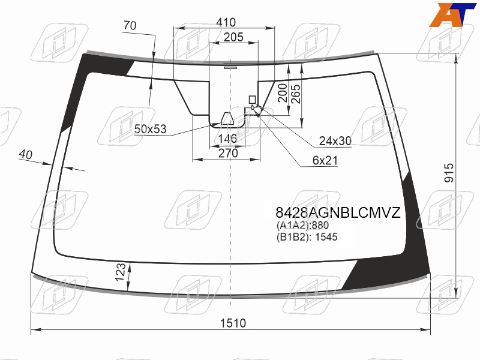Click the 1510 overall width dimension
click(x=233, y=323)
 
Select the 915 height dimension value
click(x=449, y=173)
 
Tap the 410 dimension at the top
click(x=226, y=22)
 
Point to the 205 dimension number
click(x=233, y=37)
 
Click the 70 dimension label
click(x=130, y=25)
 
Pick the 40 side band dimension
click(x=25, y=154)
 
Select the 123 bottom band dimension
click(x=121, y=272)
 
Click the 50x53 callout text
click(x=151, y=129)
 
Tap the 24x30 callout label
click(x=335, y=141)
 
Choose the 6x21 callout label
click(x=325, y=160)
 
